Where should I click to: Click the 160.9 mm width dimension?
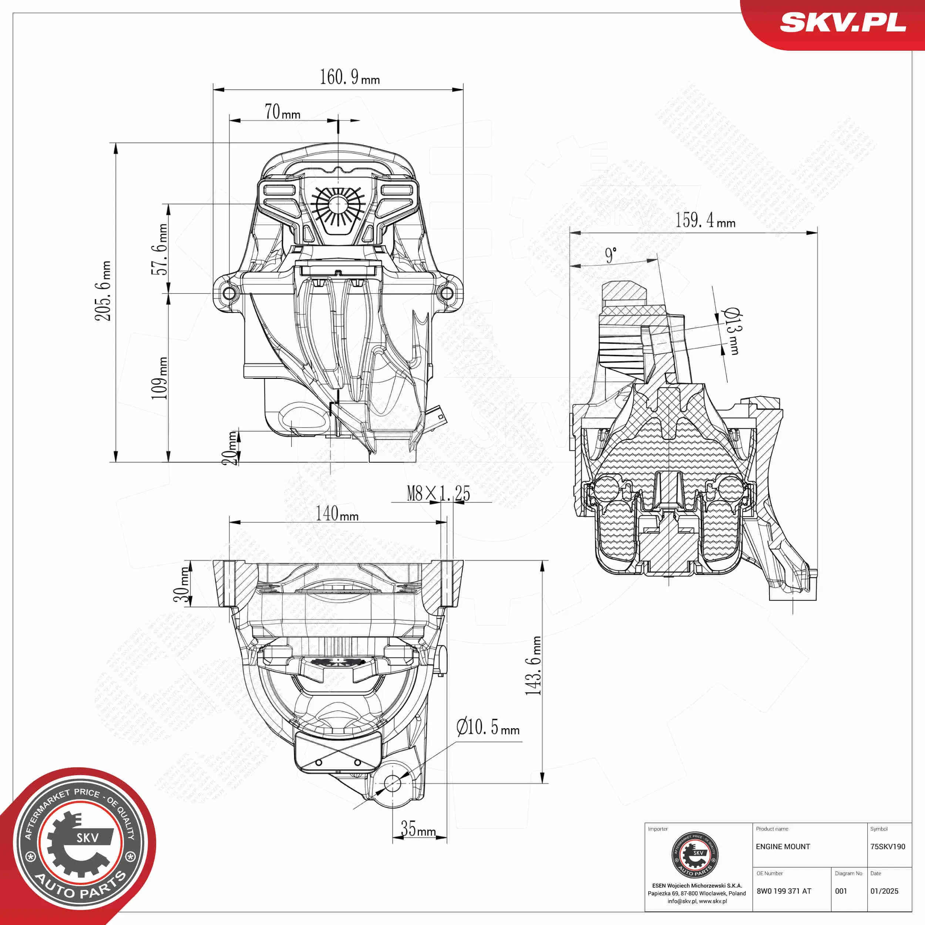point(350,77)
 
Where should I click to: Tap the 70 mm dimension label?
point(282,112)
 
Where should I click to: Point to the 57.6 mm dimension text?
point(159,249)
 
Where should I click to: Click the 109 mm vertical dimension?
point(159,378)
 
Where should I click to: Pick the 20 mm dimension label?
point(231,448)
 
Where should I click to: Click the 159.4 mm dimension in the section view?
point(705,221)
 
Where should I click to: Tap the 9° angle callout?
point(610,255)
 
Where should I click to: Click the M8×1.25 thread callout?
point(438,494)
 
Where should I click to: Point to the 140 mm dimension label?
point(337,514)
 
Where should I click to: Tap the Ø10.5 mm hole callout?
point(487,727)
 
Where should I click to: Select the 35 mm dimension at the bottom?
point(418,829)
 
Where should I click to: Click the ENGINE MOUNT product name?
point(783,847)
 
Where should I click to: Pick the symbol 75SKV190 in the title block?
point(887,847)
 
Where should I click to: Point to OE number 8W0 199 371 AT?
point(784,891)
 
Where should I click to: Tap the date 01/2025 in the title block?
point(884,891)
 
